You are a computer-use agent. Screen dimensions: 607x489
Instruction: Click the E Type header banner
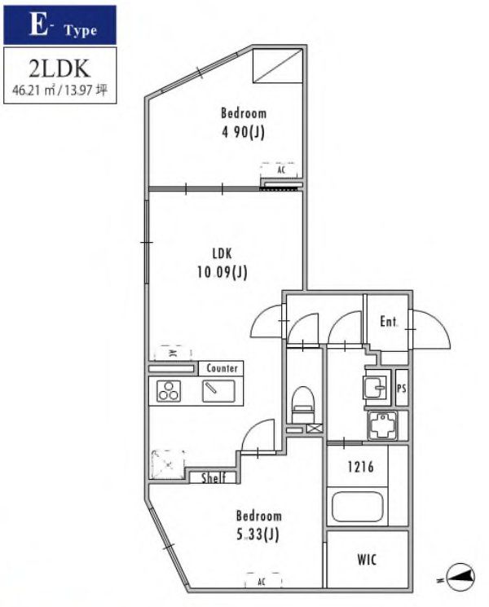coord(59,25)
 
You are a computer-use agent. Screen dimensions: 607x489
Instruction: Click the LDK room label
coord(222,253)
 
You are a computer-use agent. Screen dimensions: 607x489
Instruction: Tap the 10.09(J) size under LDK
coord(222,272)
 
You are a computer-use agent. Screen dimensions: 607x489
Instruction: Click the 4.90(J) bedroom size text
coord(244,132)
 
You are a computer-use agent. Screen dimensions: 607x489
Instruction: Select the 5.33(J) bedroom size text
coord(258,534)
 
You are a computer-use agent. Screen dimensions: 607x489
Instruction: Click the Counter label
coord(221,368)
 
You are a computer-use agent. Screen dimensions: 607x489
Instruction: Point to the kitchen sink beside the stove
coord(218,392)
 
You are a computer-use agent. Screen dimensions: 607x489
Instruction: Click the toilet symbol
coord(303,402)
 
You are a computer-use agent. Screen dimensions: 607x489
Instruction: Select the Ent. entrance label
coord(389,322)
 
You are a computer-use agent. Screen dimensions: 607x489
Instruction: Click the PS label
coord(401,389)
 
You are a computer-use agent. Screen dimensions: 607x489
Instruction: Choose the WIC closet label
coord(366,560)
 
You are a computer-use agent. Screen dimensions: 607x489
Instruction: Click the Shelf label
coord(214,478)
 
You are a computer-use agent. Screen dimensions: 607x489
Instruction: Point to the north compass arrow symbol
coord(460,578)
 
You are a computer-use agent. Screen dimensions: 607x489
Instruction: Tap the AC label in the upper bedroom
coord(280,170)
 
